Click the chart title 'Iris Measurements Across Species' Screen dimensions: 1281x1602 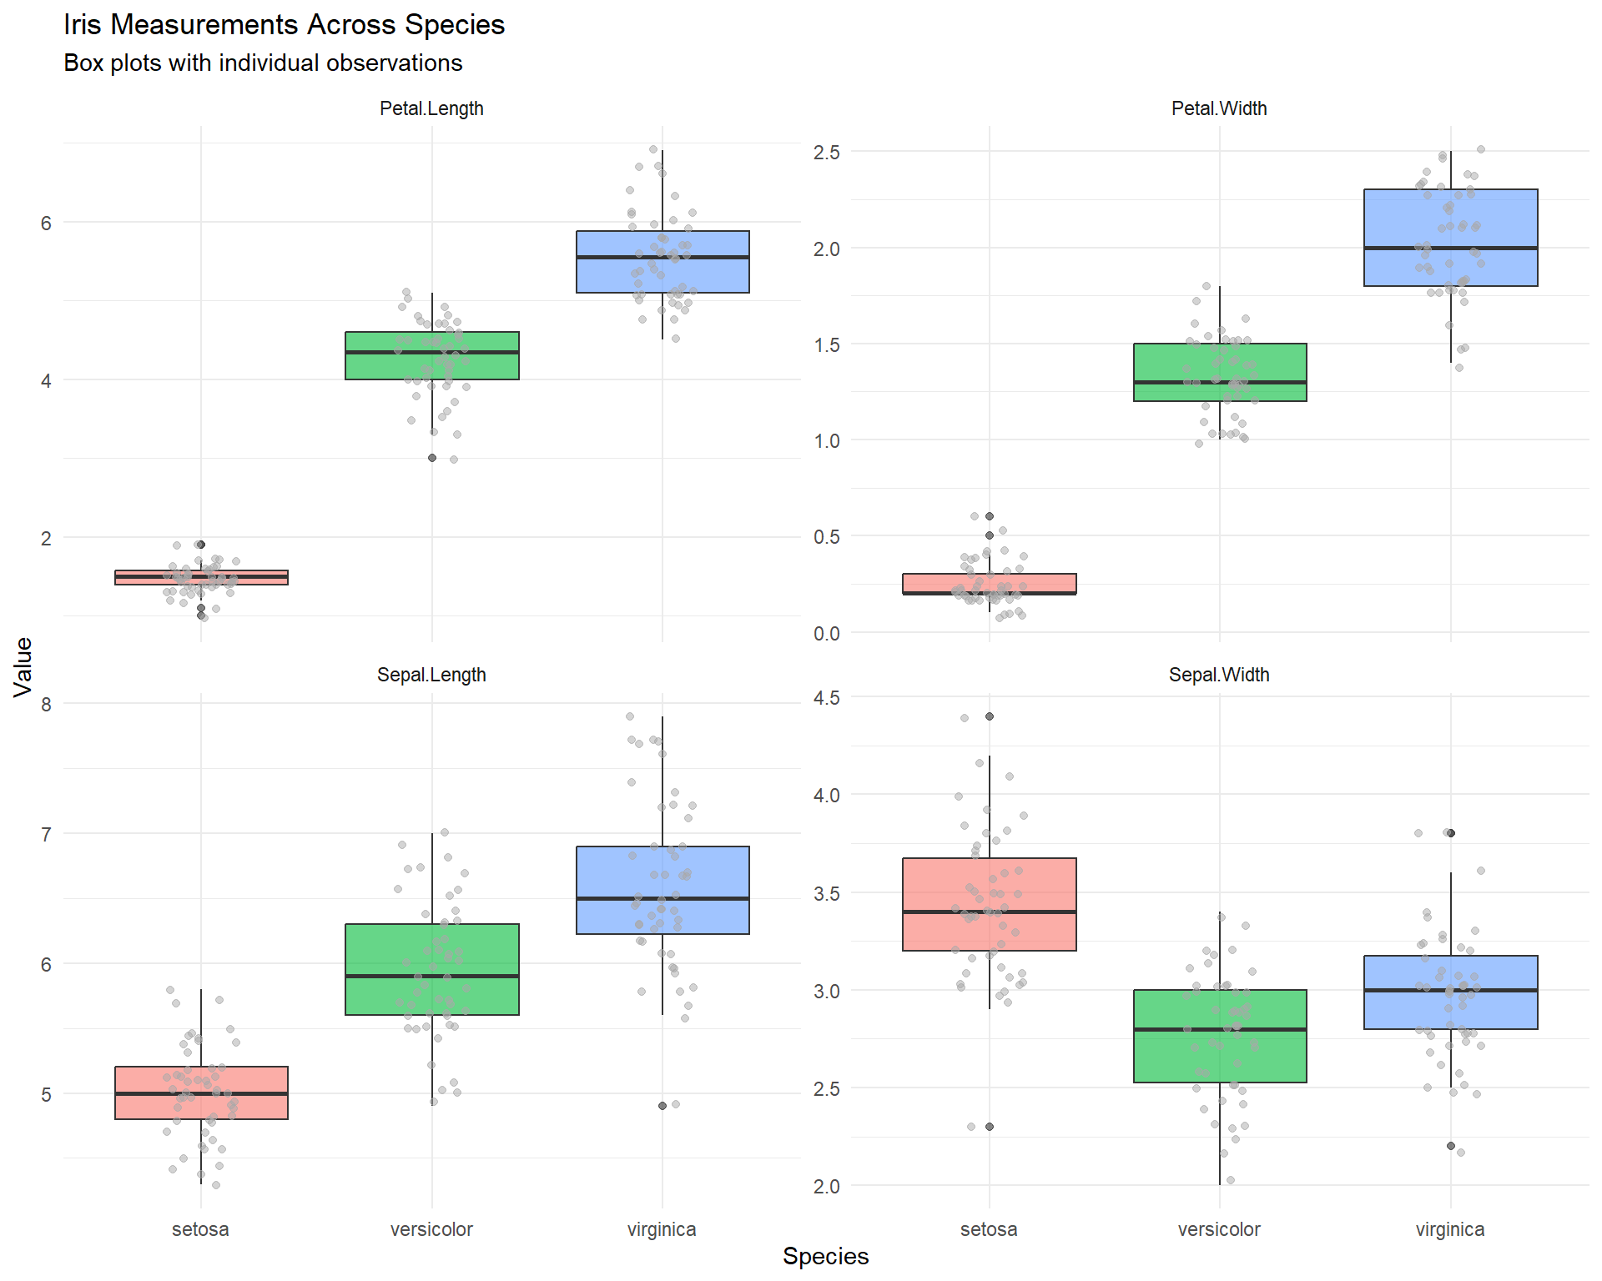[x=284, y=25]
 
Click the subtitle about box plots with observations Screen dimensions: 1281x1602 [x=263, y=63]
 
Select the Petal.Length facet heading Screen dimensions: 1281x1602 [x=431, y=108]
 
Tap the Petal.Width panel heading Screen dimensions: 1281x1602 [x=1219, y=108]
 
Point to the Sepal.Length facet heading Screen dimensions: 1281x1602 [x=431, y=675]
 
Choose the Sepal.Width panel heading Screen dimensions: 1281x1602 [x=1219, y=675]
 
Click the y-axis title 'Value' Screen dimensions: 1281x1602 [x=23, y=666]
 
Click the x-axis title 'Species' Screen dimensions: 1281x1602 [x=825, y=1256]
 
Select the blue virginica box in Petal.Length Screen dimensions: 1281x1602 [x=662, y=275]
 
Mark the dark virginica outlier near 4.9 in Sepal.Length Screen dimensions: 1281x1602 [x=662, y=1106]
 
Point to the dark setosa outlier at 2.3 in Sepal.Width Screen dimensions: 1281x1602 [x=990, y=1127]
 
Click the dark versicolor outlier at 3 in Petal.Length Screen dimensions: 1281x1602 [x=432, y=458]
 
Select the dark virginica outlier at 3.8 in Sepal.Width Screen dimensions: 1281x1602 [x=1451, y=833]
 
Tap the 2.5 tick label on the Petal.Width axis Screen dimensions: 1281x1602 [x=826, y=153]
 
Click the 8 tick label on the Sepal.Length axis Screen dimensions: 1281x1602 [x=46, y=705]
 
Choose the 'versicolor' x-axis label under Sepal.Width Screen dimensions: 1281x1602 [x=1219, y=1229]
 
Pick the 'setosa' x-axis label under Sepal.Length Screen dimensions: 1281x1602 [x=200, y=1229]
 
